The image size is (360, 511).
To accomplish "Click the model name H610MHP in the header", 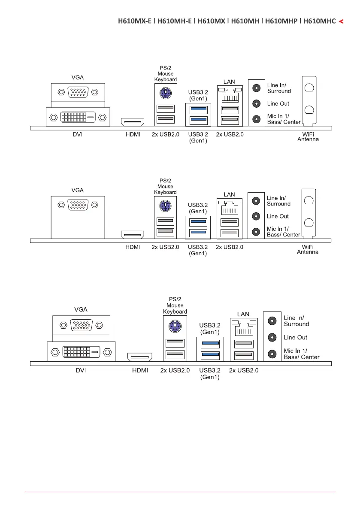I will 281,21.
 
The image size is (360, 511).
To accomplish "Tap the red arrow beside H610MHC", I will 341,21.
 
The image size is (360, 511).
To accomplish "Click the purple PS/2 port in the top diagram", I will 165,93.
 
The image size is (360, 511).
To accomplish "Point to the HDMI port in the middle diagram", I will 133,234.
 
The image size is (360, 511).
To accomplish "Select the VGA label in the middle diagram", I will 78,190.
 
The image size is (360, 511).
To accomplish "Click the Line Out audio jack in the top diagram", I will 257,103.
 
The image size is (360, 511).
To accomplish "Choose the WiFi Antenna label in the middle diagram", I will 308,249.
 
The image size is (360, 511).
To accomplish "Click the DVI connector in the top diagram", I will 78,117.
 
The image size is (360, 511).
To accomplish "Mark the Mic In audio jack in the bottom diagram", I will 272,354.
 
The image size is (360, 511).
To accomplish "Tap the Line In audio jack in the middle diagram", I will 257,200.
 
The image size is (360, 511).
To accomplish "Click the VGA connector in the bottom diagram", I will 81,325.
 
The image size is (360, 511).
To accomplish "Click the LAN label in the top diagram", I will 229,82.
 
